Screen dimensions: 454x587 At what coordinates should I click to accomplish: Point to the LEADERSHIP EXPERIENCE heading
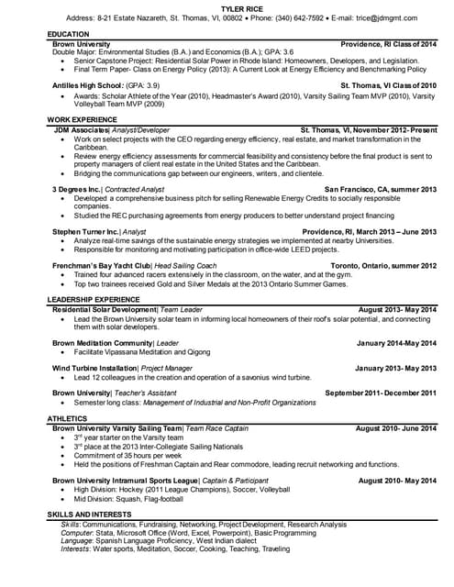[x=94, y=300]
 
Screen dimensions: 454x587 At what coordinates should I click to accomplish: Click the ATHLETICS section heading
[x=68, y=418]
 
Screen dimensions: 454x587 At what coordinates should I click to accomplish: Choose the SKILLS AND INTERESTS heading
[x=96, y=515]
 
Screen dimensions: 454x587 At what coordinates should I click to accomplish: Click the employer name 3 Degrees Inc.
[x=75, y=189]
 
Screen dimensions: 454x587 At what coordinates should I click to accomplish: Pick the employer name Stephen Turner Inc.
[x=84, y=232]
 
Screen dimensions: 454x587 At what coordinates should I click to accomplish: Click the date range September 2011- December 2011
[x=381, y=393]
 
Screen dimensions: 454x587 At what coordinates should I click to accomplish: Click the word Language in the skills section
[x=77, y=540]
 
